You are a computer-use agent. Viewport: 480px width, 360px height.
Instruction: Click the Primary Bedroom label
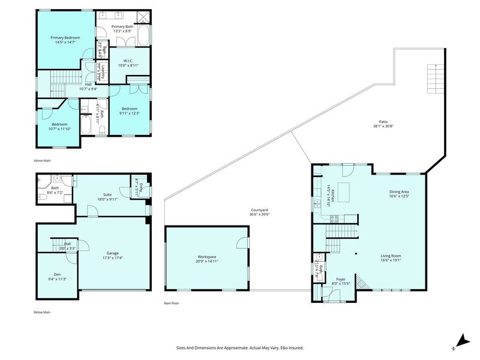pyautogui.click(x=65, y=38)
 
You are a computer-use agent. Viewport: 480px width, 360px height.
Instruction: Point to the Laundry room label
pyautogui.click(x=104, y=71)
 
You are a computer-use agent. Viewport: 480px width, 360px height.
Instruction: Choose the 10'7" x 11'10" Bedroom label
pyautogui.click(x=59, y=125)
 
